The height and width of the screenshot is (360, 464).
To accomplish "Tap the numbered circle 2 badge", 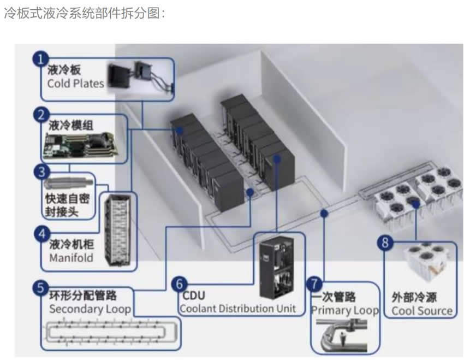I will point(40,115).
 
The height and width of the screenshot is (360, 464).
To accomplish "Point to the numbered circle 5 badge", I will point(40,287).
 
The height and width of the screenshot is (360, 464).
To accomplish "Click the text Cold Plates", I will point(75,84).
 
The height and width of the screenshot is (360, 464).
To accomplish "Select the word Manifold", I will point(71,257).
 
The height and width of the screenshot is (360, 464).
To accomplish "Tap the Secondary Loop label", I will point(90,309).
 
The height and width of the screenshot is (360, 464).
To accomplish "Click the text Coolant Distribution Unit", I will point(237,308).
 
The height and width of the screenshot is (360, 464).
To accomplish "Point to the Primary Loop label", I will point(344,310).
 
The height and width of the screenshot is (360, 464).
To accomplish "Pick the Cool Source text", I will point(422,311).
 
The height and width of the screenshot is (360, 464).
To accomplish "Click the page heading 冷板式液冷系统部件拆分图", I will point(85,14).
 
